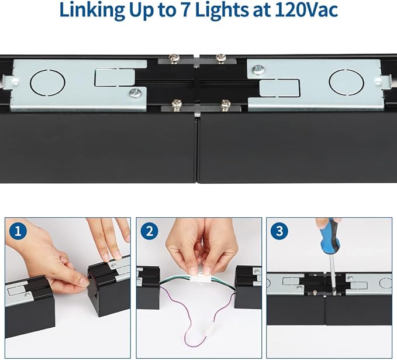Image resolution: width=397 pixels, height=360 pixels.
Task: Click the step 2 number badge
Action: click(x=149, y=231)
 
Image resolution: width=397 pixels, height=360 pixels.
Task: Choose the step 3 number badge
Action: click(x=279, y=231)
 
